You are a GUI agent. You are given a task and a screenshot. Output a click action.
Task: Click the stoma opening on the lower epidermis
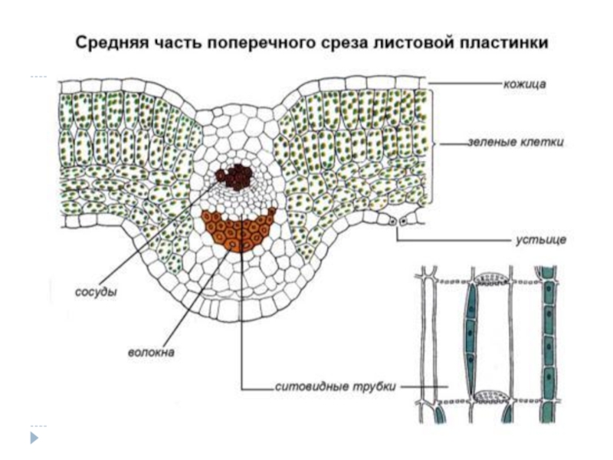click(x=398, y=222)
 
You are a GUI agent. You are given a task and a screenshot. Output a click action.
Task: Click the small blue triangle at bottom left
click(x=33, y=439)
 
